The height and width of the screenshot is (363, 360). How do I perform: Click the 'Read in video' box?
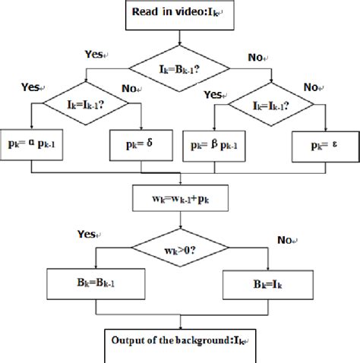click(x=180, y=14)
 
